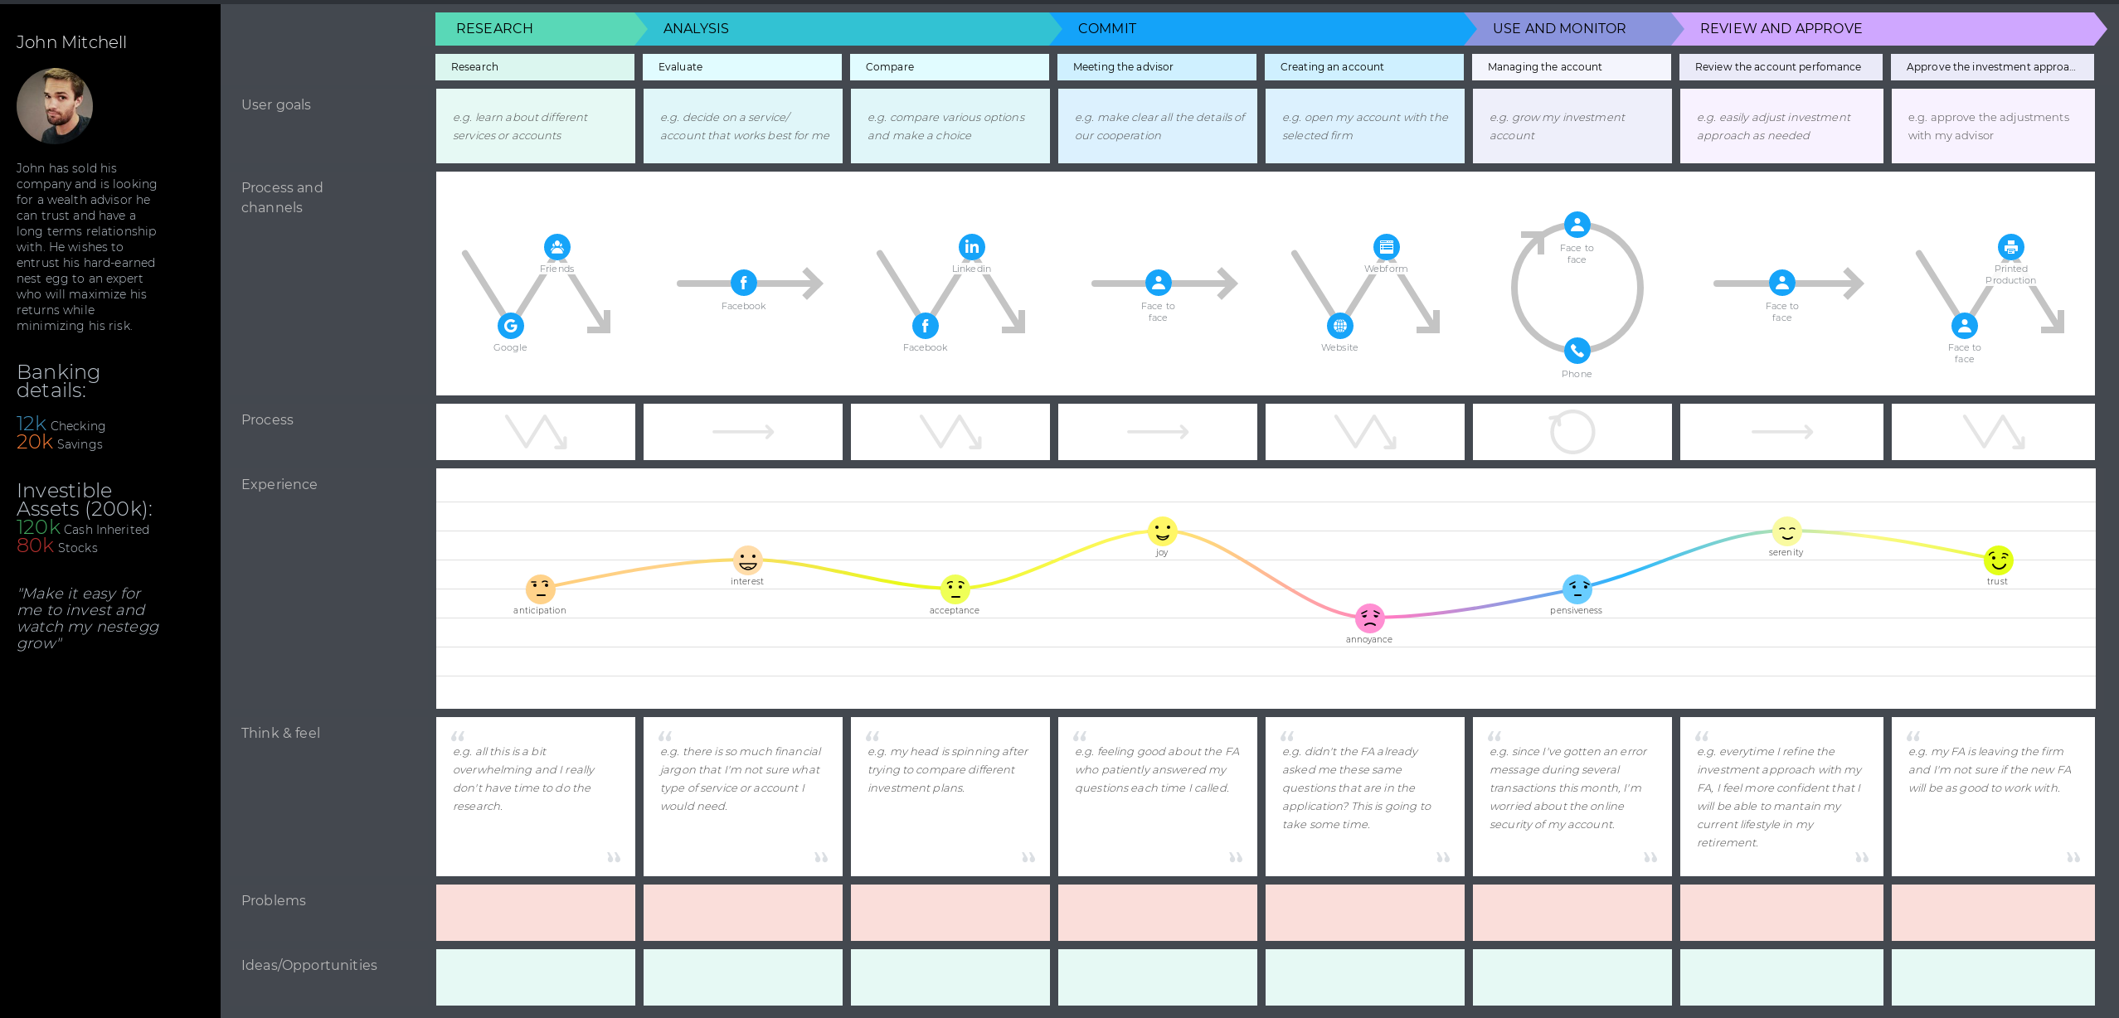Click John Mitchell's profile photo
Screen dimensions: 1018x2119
pos(55,106)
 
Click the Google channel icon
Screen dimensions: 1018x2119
pos(511,326)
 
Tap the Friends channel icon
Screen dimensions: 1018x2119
pos(557,247)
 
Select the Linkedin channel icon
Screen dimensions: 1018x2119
pos(972,247)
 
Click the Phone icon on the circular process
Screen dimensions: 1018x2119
pos(1577,351)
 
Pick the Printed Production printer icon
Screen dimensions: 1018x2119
pos(2010,247)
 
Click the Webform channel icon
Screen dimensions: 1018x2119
pos(1387,247)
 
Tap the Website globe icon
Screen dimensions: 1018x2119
pos(1340,326)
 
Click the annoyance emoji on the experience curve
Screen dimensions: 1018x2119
pos(1369,618)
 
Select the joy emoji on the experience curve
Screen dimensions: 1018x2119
pos(1162,531)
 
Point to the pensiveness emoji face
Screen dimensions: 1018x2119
pos(1577,589)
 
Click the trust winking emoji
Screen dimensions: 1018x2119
pos(1998,560)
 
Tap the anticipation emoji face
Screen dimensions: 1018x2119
pos(540,589)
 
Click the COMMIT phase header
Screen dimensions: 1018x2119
pos(1107,28)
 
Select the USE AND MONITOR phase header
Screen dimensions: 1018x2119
pos(1559,28)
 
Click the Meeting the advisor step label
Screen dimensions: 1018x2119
pos(1123,67)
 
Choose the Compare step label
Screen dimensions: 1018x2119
pos(890,67)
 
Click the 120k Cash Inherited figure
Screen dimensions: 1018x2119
pos(82,528)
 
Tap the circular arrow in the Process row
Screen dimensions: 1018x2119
pos(1572,432)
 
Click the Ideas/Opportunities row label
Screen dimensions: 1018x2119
pos(309,965)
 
